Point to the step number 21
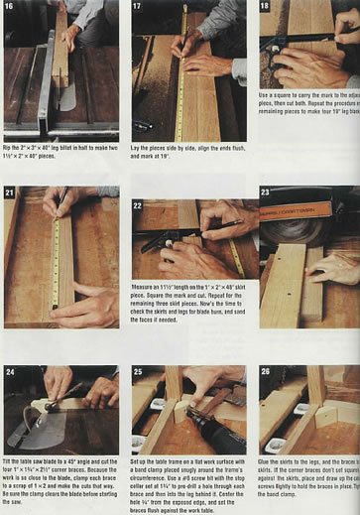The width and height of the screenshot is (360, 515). point(12,192)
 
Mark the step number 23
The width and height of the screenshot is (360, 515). point(265,192)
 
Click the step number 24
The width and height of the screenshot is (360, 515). point(12,372)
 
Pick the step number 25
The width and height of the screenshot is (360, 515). point(138,372)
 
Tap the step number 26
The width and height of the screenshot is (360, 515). point(265,372)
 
